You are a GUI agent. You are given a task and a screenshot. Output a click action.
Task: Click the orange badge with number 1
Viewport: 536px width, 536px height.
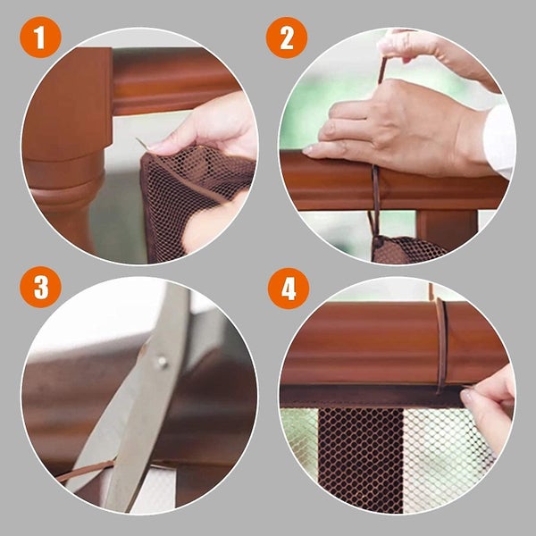coord(41,40)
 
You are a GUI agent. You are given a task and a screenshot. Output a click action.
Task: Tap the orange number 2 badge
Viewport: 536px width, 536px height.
coord(286,40)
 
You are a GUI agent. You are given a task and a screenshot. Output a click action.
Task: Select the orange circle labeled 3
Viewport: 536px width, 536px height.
coord(41,288)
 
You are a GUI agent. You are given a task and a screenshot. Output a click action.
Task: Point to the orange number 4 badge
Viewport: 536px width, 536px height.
coord(288,288)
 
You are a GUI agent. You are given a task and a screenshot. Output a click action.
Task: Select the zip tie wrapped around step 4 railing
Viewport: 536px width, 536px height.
coord(440,344)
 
